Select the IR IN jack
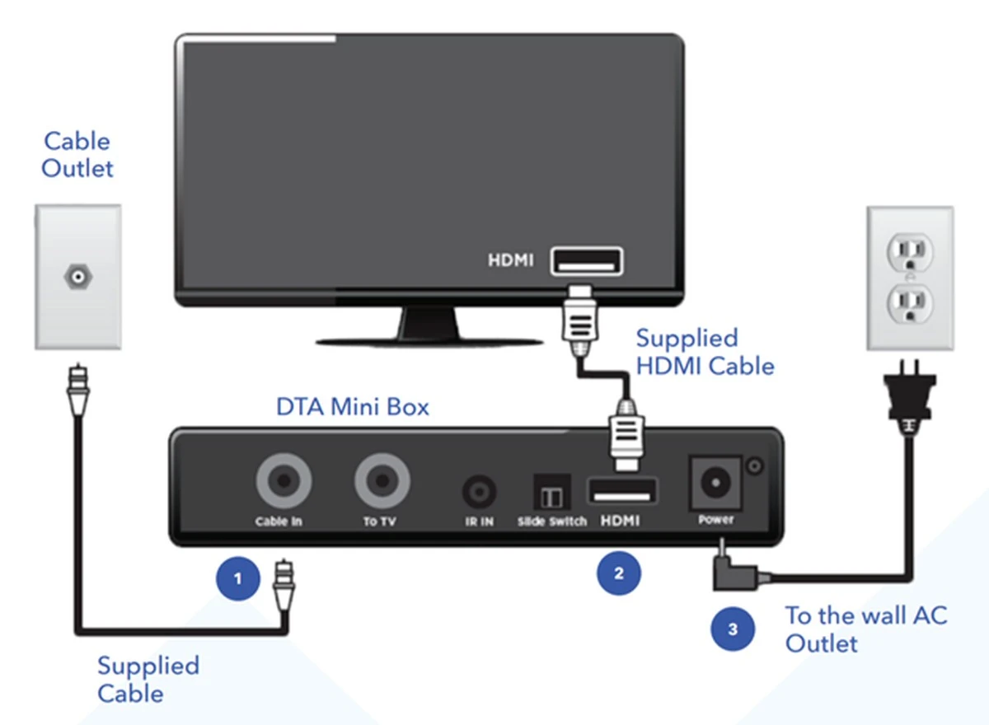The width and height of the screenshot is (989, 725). [x=479, y=493]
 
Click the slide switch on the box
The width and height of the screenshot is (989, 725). [x=549, y=494]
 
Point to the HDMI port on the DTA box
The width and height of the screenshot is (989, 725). [x=621, y=492]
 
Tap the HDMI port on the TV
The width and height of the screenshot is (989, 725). [x=586, y=261]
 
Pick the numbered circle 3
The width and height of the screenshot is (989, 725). [x=733, y=630]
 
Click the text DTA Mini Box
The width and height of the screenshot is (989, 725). [x=352, y=406]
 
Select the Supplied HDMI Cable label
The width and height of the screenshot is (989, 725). [x=705, y=352]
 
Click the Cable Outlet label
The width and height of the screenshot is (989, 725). [x=77, y=154]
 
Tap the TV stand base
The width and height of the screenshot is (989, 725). [x=429, y=339]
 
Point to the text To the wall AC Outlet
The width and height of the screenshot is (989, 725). [x=865, y=628]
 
